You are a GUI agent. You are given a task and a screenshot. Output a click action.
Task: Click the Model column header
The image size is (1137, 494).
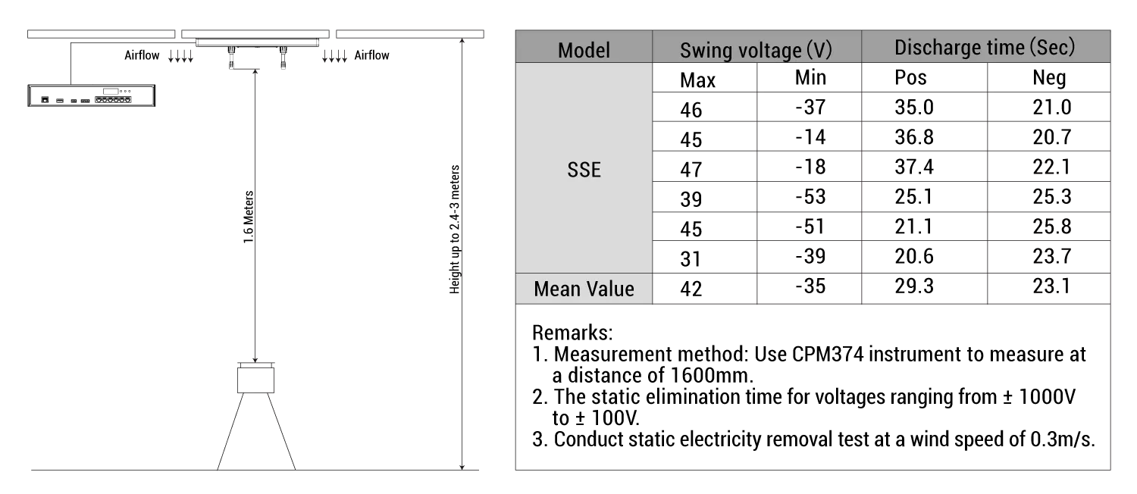[x=584, y=50]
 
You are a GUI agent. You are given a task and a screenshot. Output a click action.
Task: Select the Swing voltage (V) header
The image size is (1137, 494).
[x=756, y=50]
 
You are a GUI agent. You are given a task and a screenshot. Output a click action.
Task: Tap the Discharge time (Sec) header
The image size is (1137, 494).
[x=985, y=47]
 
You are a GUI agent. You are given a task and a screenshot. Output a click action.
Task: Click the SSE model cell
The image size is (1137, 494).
[x=584, y=170]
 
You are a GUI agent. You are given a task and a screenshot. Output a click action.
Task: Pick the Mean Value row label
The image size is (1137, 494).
[x=584, y=289]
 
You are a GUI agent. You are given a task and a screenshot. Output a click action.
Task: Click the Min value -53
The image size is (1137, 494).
[x=810, y=196]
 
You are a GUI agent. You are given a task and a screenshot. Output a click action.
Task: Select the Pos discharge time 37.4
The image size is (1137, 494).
[x=913, y=167]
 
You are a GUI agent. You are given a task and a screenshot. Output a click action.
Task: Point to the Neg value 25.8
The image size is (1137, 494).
[x=1052, y=227]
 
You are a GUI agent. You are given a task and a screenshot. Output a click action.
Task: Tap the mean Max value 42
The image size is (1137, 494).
[x=691, y=289]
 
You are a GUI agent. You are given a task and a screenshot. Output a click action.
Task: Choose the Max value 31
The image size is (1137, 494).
[x=691, y=259]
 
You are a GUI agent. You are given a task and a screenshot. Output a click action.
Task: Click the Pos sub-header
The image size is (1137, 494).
[x=910, y=77]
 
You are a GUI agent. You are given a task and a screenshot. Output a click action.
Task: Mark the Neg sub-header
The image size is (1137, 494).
[x=1049, y=77]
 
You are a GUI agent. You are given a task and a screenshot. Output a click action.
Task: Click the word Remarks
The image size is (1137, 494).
[x=572, y=333]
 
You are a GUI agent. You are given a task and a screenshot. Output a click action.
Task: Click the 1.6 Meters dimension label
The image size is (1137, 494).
[x=248, y=217]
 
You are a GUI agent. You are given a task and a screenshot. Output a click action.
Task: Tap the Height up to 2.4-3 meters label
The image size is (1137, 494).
[x=454, y=230]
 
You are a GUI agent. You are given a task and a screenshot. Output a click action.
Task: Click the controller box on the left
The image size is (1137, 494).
[x=92, y=95]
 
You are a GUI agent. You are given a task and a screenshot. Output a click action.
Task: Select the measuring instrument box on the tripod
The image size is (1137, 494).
[x=256, y=380]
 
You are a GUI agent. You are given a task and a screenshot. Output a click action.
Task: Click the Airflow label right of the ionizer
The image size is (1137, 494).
[x=371, y=55]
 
